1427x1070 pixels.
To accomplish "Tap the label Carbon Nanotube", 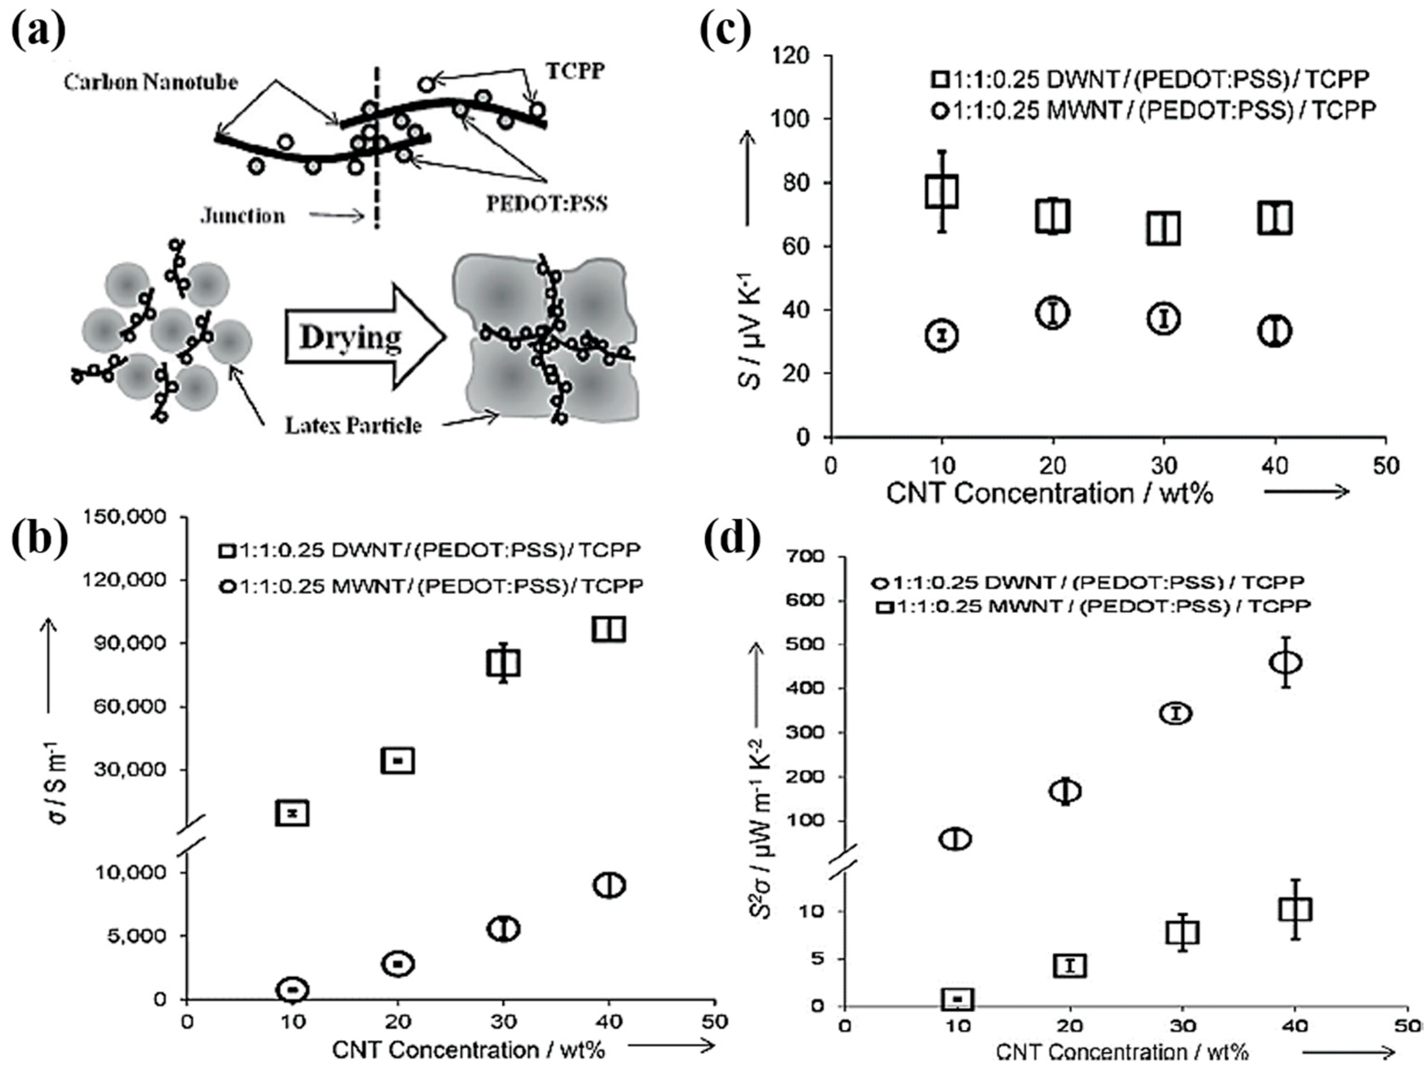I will (x=151, y=82).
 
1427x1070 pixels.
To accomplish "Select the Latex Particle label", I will (x=353, y=425).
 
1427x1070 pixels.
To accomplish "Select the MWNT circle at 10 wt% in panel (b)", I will (x=292, y=989).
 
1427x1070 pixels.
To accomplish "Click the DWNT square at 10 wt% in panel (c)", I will (x=942, y=191).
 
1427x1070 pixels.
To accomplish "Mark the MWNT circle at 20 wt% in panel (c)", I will (x=1053, y=312).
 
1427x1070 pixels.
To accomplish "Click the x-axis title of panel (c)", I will (x=1050, y=494).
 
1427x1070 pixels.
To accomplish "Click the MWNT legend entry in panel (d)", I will (x=1095, y=606).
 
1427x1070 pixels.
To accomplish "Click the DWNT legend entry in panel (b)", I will (x=429, y=550).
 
